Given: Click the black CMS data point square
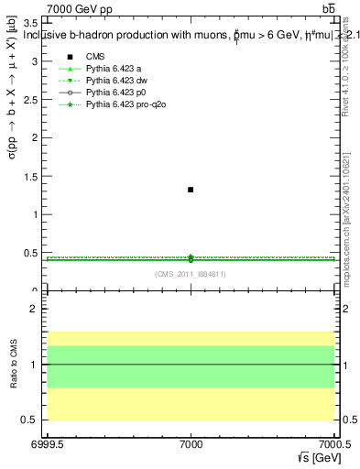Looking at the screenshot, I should (x=191, y=190).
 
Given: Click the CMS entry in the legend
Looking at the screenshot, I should (x=96, y=57).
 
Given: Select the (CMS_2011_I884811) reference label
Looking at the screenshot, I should (x=191, y=274).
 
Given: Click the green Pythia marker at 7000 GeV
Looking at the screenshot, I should (x=191, y=258).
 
